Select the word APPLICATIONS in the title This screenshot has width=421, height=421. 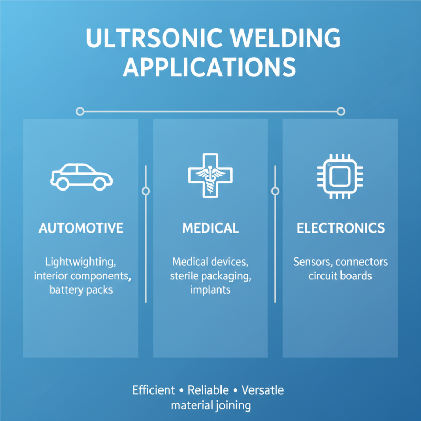pos(209,69)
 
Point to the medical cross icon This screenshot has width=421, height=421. pos(210,175)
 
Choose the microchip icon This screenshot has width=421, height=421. pos(339,176)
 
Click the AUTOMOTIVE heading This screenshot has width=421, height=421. pos(81,228)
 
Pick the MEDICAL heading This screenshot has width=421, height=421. pos(210,228)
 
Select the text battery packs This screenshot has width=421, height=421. pos(81,289)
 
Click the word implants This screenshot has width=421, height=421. pos(210,289)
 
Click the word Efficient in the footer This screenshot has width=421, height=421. pos(154,390)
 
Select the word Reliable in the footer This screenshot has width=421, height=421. pos(208,390)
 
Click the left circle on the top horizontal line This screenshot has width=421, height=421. pos(80,111)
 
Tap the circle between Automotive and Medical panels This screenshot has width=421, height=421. pos(146,191)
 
